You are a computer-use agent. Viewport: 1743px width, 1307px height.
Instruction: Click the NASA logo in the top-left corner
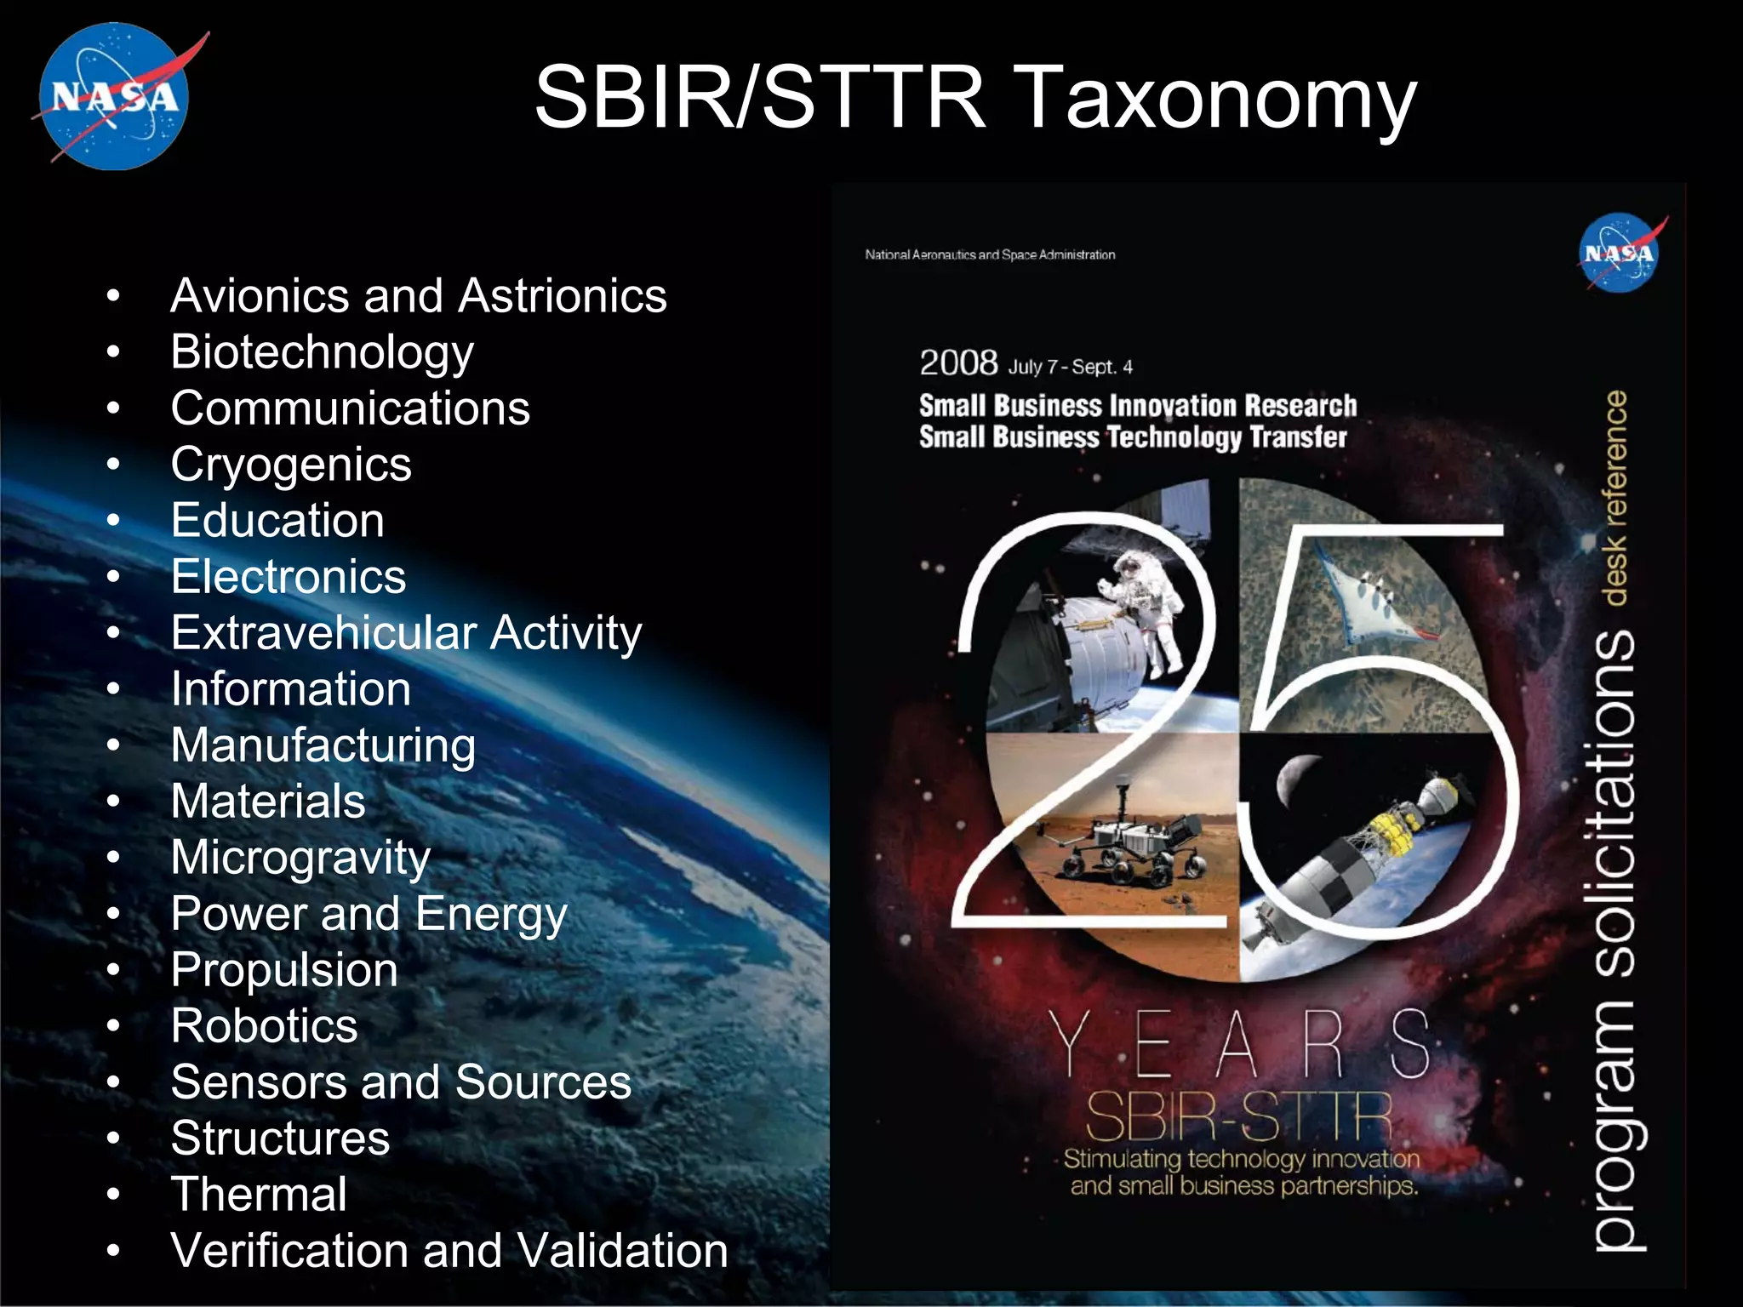115,96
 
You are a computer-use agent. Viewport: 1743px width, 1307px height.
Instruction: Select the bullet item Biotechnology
322,352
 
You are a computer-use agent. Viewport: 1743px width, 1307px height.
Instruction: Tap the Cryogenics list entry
291,465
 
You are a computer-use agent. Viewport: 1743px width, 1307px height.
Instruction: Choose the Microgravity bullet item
300,858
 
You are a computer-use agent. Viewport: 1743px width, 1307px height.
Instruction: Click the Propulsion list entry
284,970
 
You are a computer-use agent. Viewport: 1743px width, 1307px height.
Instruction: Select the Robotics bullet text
264,1026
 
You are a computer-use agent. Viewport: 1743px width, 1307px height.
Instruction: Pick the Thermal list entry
259,1195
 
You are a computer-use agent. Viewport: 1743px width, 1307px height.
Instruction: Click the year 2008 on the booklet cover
958,363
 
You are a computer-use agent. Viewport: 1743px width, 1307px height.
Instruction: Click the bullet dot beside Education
113,521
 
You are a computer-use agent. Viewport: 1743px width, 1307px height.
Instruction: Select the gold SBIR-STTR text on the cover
1238,1116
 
